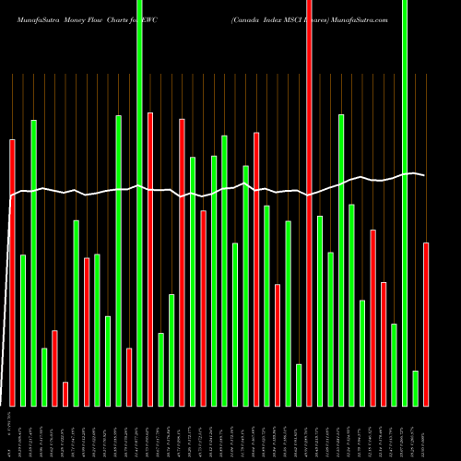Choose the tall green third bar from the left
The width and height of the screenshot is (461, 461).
(34, 263)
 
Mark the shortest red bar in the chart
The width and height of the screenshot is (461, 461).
(65, 394)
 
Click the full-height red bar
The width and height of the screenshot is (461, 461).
(309, 203)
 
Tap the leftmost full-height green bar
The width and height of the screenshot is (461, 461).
(139, 203)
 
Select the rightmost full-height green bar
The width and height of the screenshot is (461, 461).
(405, 203)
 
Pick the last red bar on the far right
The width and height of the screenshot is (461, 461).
(426, 324)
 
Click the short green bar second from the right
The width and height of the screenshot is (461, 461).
(416, 388)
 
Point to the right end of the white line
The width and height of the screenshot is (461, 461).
(424, 175)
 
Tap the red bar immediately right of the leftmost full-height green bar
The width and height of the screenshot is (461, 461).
(150, 259)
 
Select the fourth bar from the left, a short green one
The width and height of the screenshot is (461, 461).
(44, 377)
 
